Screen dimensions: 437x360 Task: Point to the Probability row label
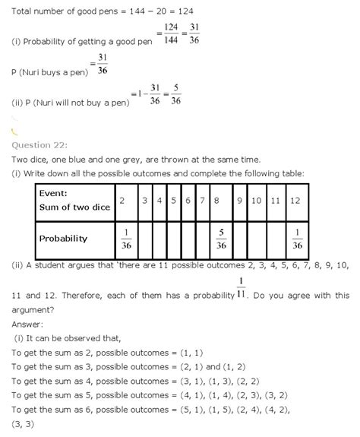click(x=64, y=239)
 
